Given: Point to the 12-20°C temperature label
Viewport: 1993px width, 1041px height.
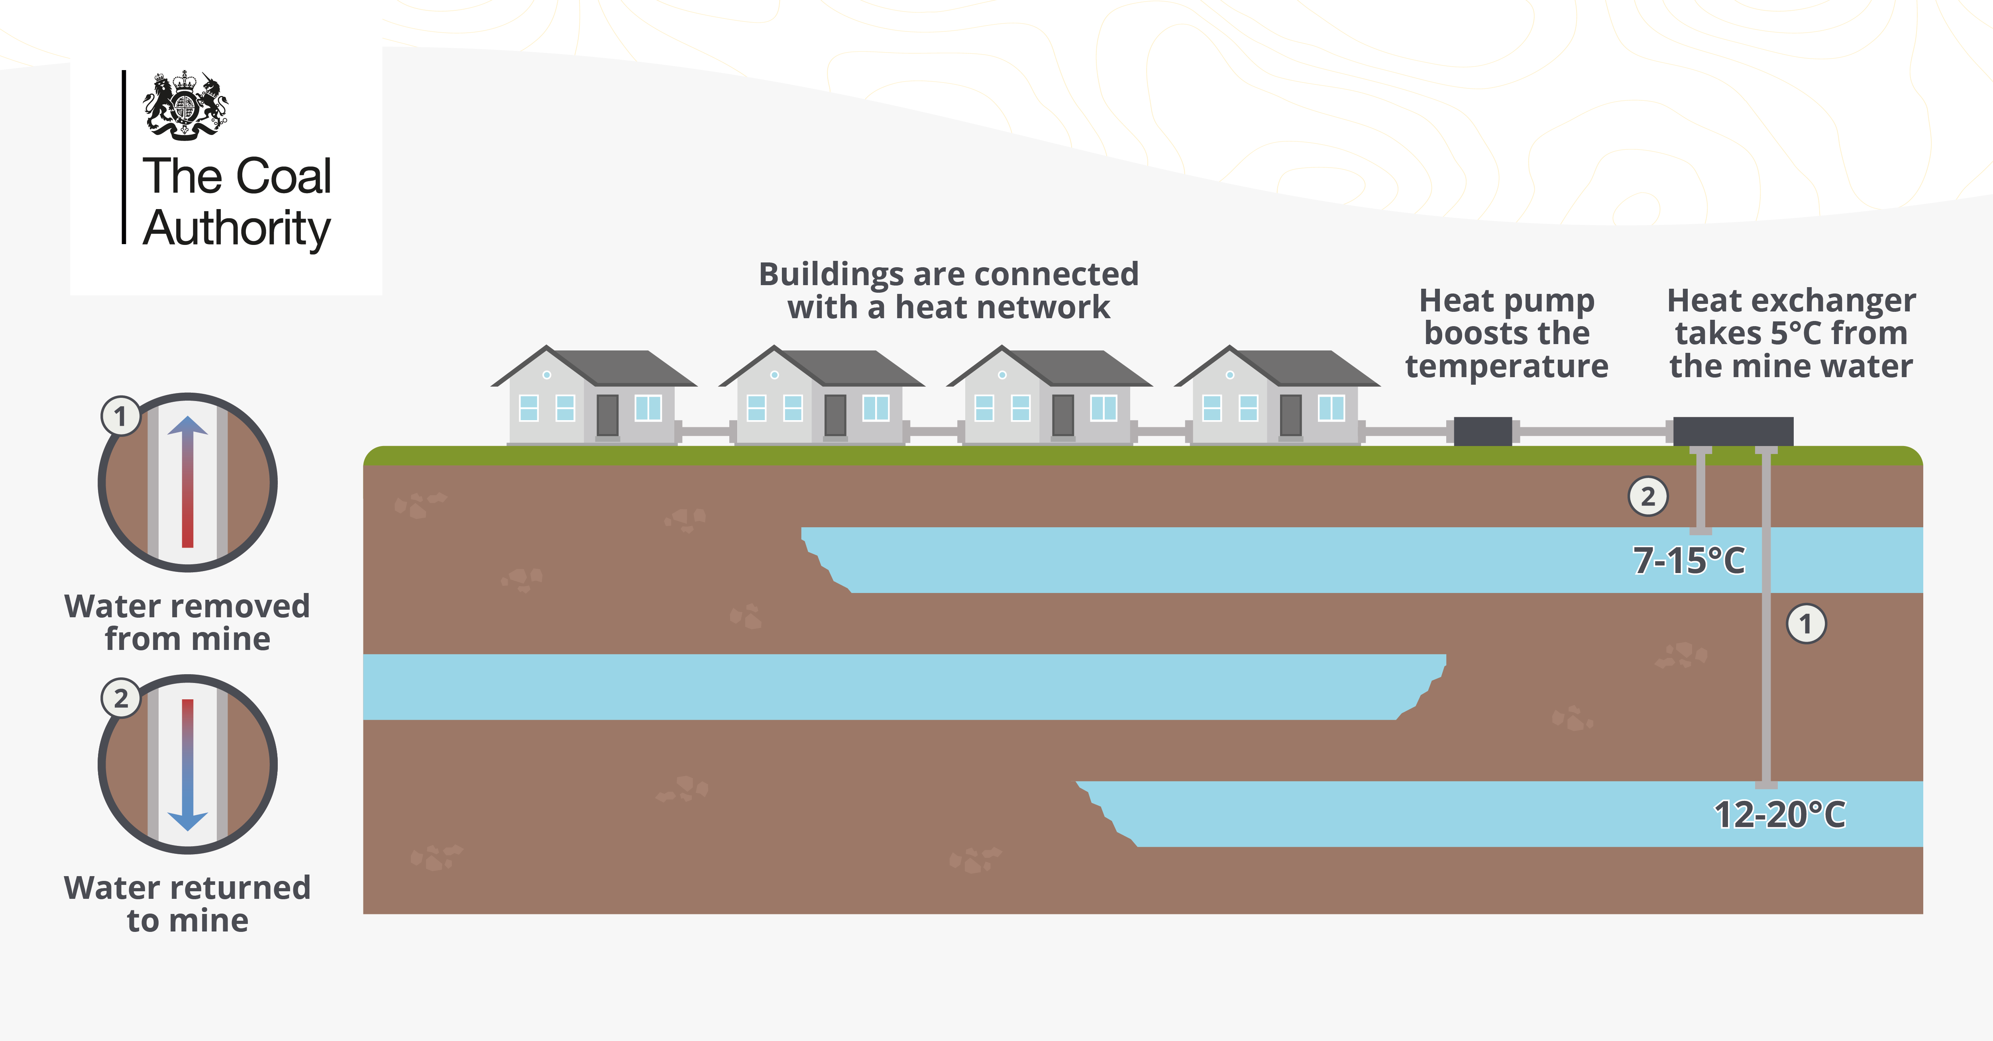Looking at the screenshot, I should coord(1779,814).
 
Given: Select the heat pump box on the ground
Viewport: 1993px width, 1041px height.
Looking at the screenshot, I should coord(1482,431).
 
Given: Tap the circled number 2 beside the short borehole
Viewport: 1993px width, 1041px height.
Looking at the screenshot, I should coord(1648,497).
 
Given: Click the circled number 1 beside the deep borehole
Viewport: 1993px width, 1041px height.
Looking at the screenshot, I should coord(1806,623).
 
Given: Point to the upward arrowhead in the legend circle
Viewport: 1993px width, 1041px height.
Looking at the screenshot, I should coord(187,425).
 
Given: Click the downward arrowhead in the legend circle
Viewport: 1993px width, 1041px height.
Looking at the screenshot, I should coord(187,821).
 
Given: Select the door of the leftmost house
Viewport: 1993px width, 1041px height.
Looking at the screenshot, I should coord(607,415).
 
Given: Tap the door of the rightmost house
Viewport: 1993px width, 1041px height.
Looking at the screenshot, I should coord(1290,415).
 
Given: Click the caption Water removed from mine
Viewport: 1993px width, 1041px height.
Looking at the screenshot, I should coord(187,622).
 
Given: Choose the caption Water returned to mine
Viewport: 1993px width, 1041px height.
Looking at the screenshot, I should coord(187,904).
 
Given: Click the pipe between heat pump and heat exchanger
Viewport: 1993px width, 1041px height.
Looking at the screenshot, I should coord(1592,431).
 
